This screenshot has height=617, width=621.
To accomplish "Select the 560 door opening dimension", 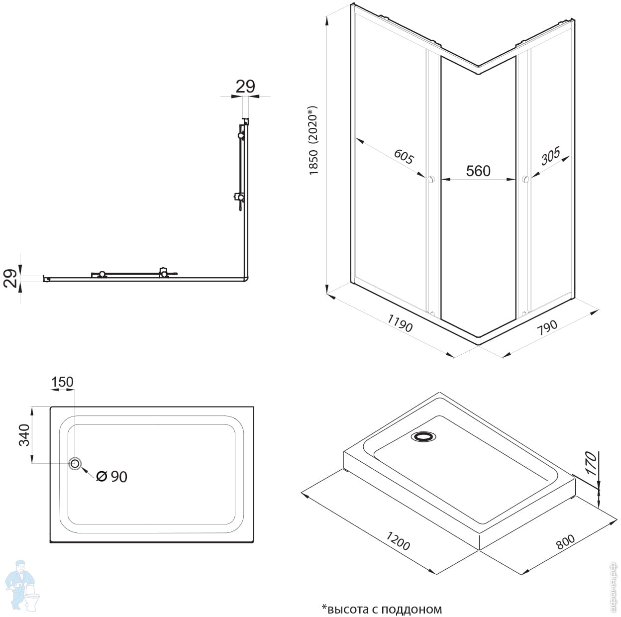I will [478, 171].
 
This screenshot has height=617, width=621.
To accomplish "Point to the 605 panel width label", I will [403, 156].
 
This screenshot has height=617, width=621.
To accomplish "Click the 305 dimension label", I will [550, 156].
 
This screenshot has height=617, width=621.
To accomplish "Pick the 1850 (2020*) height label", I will [313, 141].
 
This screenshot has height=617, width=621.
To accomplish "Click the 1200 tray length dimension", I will [398, 540].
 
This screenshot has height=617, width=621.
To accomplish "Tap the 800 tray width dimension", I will [565, 541].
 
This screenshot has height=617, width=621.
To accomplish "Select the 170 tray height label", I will [590, 463].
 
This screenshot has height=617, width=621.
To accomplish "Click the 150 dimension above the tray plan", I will [62, 382].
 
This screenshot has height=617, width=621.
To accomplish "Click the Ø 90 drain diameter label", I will [111, 476].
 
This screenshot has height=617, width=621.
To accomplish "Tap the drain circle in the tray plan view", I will [75, 463].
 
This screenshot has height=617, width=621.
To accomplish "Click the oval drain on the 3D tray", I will [423, 436].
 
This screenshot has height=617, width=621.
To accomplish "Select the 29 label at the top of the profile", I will [245, 87].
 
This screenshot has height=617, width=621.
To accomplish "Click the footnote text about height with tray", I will [382, 609].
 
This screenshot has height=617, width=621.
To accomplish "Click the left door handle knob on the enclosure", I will [431, 179].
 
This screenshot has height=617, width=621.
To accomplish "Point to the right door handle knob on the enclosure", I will [524, 180].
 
